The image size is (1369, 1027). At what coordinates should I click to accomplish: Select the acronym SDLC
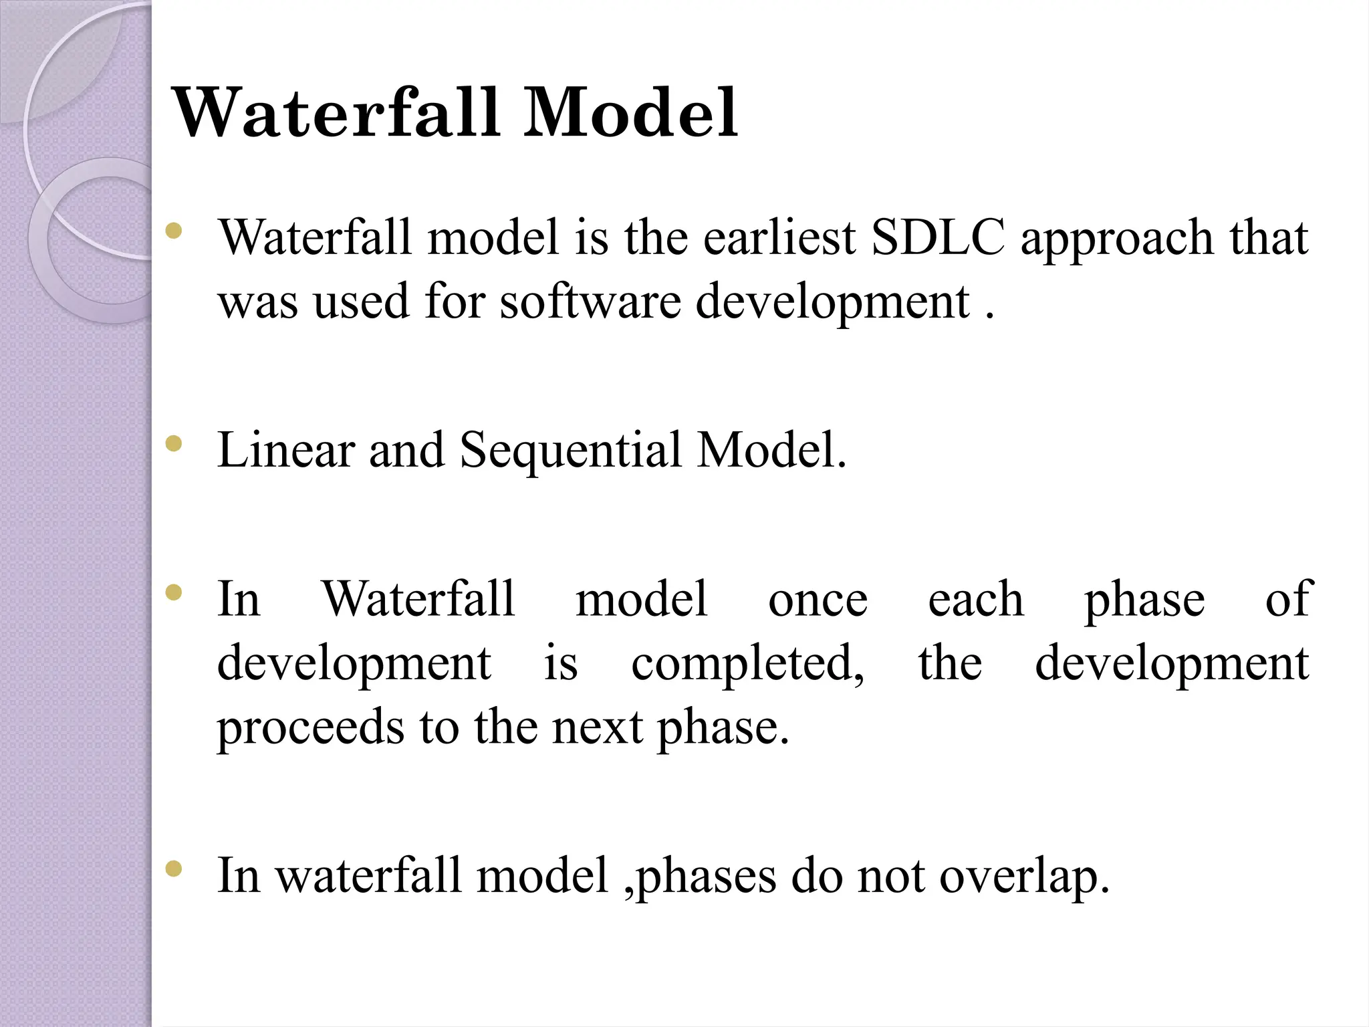(x=938, y=238)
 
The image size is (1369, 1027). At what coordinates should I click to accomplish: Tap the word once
(x=818, y=600)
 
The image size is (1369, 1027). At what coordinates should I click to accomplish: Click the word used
(x=361, y=302)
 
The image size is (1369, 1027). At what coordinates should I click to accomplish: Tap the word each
(x=975, y=600)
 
